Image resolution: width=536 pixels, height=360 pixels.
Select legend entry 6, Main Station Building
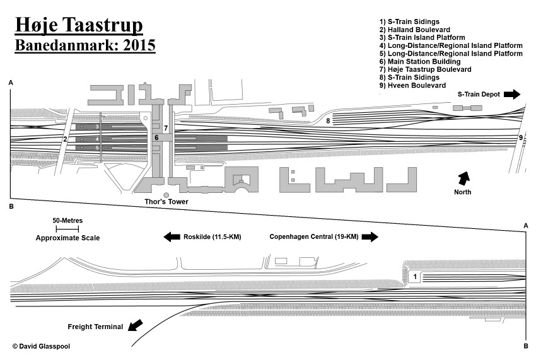click(x=419, y=62)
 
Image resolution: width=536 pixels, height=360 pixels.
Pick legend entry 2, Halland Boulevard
click(x=414, y=30)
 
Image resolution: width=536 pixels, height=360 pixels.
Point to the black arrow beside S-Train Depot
click(x=512, y=94)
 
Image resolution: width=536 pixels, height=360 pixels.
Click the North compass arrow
click(x=464, y=178)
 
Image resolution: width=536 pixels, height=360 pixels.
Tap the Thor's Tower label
click(x=166, y=202)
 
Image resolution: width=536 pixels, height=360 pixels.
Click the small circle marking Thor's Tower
click(x=166, y=195)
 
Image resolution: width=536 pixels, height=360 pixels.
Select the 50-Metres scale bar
click(x=66, y=228)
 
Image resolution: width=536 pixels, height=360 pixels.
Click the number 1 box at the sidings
click(x=415, y=277)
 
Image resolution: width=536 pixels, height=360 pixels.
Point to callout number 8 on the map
click(x=328, y=120)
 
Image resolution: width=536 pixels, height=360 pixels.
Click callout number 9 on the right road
click(x=521, y=137)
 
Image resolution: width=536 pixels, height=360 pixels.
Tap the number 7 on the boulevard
click(x=165, y=128)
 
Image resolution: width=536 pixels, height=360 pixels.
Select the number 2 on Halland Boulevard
click(x=64, y=139)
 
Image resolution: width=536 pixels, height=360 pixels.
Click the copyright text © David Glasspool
click(x=41, y=346)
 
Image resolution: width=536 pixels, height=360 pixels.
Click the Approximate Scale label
click(x=67, y=238)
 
